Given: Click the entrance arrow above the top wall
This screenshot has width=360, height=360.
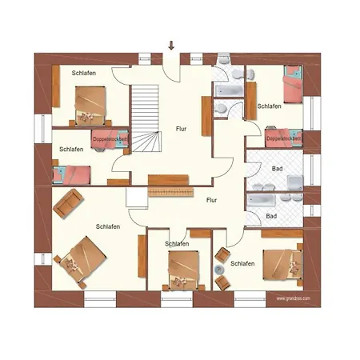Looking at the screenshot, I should click(170, 45).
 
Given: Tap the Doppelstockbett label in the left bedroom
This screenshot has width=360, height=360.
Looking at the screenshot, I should click(110, 138).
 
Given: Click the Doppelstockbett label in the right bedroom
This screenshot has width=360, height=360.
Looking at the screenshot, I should click(284, 138).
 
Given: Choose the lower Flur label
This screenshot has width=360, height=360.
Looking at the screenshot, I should click(212, 200).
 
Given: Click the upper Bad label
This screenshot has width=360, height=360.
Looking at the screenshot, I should click(277, 170).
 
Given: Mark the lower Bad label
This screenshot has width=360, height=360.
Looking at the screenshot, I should click(271, 216).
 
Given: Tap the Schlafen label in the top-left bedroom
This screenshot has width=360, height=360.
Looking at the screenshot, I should click(83, 73).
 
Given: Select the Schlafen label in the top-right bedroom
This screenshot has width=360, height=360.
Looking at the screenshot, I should click(269, 106).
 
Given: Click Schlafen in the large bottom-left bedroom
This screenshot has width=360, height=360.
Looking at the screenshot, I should click(108, 226).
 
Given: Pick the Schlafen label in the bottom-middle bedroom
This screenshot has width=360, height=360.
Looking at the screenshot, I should click(177, 243).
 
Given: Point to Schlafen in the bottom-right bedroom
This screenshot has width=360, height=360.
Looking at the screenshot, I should click(242, 263).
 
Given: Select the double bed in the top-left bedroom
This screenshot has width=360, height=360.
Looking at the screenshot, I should click(90, 106).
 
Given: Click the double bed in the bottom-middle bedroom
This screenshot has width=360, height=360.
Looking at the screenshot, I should click(181, 269).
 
